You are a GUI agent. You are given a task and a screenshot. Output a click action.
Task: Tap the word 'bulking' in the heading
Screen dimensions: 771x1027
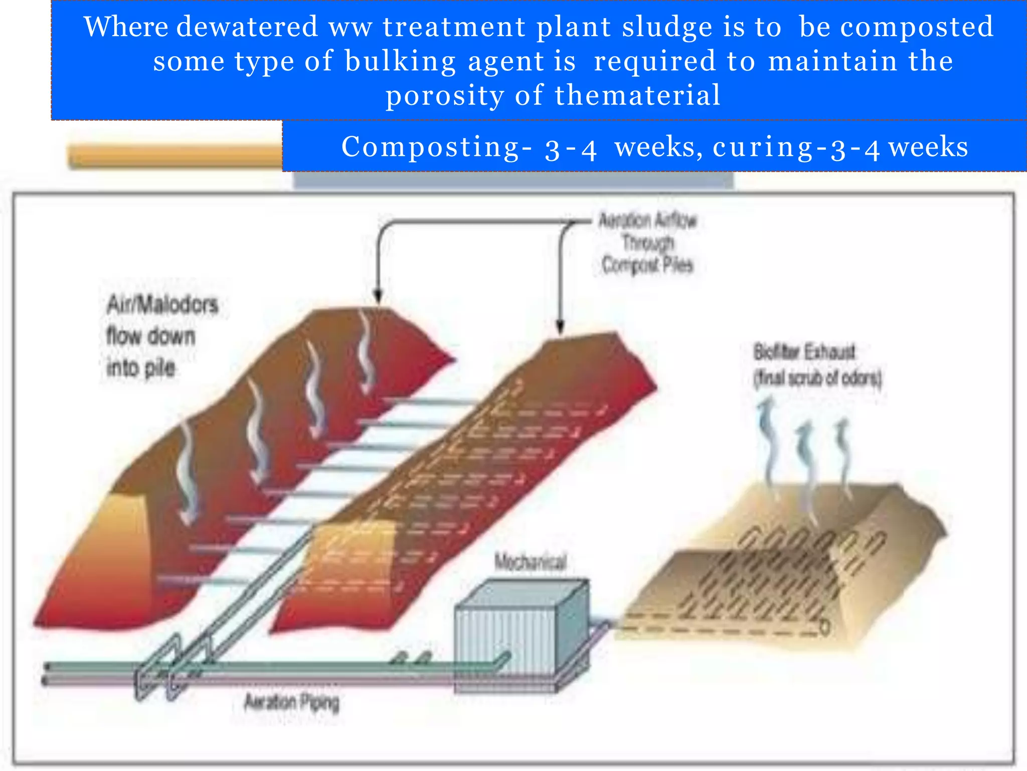click(400, 61)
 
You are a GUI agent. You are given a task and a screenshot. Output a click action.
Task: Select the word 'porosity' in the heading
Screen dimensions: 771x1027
click(444, 95)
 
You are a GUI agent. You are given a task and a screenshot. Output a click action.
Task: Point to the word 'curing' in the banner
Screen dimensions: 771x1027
click(762, 147)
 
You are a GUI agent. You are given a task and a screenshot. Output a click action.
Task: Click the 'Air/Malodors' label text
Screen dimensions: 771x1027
click(162, 305)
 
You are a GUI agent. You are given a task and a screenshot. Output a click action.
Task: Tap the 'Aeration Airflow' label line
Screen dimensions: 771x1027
click(647, 220)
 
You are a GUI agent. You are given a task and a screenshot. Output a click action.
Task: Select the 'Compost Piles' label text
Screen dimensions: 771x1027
click(647, 265)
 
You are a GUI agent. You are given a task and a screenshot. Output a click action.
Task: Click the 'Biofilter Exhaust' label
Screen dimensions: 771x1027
click(804, 352)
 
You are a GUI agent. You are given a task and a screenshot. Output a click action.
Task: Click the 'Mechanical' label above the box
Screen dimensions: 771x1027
click(531, 562)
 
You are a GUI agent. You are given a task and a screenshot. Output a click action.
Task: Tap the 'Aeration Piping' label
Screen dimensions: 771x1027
click(291, 702)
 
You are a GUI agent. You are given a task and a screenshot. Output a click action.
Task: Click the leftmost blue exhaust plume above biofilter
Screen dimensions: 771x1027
click(767, 437)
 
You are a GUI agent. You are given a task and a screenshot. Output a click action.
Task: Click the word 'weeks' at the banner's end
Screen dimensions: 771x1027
click(928, 147)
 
